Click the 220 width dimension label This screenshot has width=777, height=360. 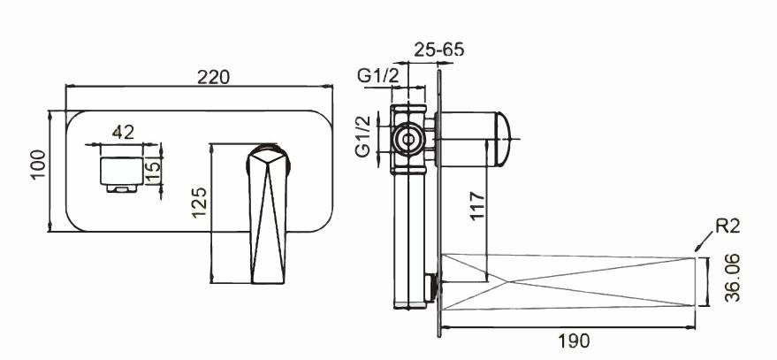click(213, 77)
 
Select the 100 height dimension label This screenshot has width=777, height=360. click(38, 165)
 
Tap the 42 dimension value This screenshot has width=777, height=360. click(123, 133)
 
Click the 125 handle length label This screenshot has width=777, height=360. click(199, 203)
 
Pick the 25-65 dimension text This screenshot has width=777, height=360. click(438, 50)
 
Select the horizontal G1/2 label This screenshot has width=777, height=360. click(377, 76)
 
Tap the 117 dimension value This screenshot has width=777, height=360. click(476, 205)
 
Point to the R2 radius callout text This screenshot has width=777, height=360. click(727, 226)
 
